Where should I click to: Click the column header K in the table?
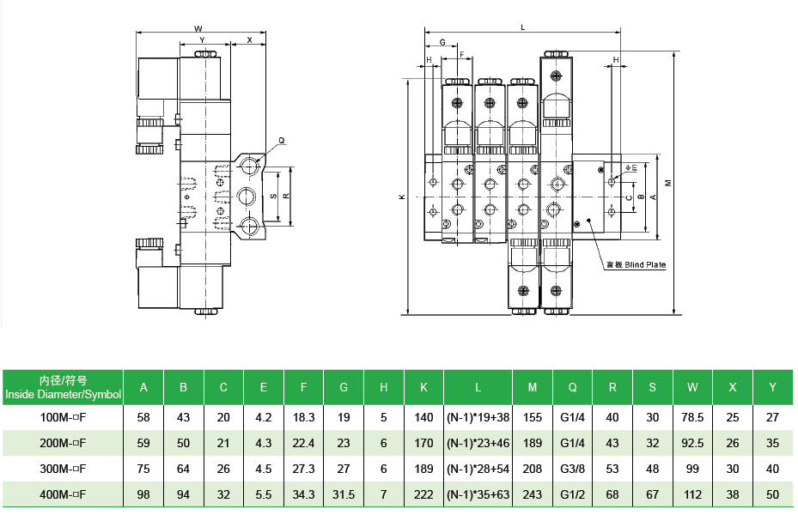click(x=423, y=387)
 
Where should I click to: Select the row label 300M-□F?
click(x=63, y=469)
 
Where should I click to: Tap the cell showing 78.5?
click(x=692, y=417)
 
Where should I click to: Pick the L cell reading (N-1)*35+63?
click(x=478, y=494)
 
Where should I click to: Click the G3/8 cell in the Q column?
click(x=572, y=469)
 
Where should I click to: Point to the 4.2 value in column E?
click(x=263, y=417)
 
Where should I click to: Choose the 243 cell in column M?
click(x=533, y=494)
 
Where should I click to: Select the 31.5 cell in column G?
click(x=344, y=494)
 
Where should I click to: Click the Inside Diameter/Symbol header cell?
click(x=63, y=387)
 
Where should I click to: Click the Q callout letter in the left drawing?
click(x=282, y=141)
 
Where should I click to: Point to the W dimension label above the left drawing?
click(x=198, y=29)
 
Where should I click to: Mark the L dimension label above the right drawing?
click(x=522, y=27)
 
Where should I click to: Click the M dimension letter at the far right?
click(x=668, y=183)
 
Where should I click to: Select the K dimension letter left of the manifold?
click(x=402, y=197)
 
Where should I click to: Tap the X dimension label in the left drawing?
click(x=249, y=39)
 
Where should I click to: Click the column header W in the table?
click(x=692, y=387)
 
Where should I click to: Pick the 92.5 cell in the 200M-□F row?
click(x=692, y=443)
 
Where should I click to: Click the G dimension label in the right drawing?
click(x=442, y=42)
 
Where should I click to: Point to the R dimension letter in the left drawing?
click(x=286, y=196)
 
